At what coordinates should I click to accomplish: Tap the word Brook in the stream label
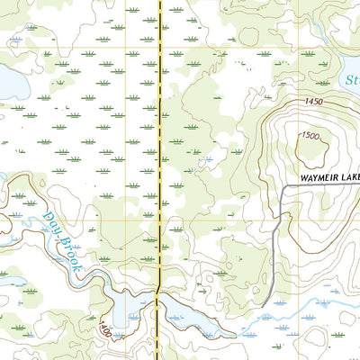pos(70,253)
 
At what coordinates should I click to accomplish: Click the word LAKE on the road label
pos(350,175)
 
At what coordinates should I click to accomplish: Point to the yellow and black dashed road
pos(160,135)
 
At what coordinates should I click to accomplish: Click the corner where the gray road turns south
pos(282,187)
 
